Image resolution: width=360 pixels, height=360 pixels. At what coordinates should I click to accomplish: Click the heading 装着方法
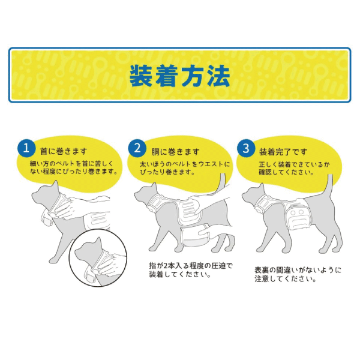coord(179,76)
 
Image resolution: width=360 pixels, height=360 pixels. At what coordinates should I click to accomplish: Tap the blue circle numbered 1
coord(26,148)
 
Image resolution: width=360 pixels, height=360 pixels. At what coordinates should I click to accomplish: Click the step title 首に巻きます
coord(63,151)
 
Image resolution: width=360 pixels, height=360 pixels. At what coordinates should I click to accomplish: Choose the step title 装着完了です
coord(282,151)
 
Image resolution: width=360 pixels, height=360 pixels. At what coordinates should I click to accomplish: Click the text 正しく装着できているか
coord(286,163)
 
